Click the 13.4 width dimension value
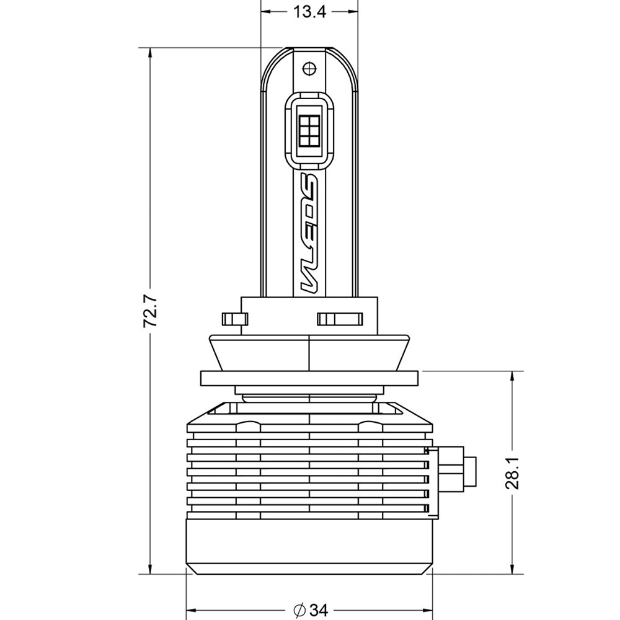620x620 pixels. click(x=309, y=12)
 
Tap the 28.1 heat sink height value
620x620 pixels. click(x=513, y=473)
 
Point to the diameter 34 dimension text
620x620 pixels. click(x=311, y=610)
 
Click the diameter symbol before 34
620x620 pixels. click(x=299, y=610)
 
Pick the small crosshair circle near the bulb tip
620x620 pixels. click(x=309, y=69)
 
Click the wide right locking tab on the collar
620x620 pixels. click(x=340, y=319)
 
